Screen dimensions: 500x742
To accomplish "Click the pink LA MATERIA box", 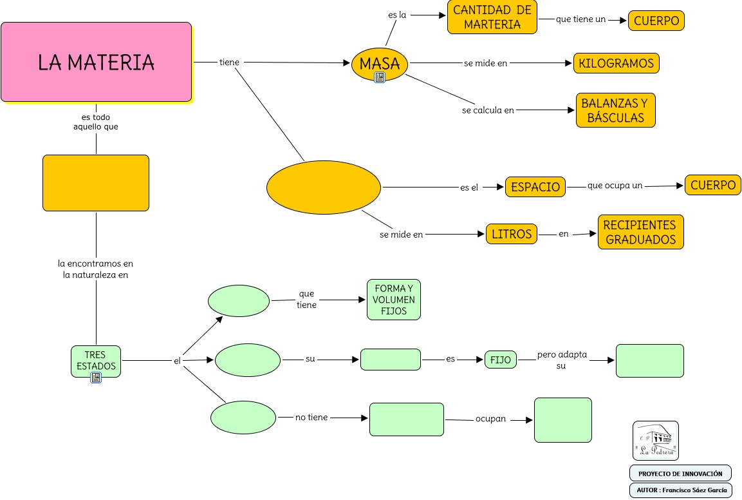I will [96, 62].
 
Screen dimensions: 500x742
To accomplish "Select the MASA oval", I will [380, 63].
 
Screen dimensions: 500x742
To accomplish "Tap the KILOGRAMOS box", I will [616, 63].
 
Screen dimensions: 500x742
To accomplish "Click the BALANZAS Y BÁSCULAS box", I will [615, 110].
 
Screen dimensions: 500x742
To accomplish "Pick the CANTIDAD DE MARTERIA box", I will [492, 17].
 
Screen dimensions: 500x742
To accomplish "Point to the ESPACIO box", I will [535, 187].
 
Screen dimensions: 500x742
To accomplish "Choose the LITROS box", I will [512, 234].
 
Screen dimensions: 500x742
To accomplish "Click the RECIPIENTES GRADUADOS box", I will [640, 232].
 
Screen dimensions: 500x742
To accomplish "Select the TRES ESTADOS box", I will [95, 360].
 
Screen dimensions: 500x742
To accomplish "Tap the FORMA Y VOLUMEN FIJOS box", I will [394, 300].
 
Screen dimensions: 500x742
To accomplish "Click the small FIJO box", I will [501, 360].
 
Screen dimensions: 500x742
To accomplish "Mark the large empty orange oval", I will [324, 187].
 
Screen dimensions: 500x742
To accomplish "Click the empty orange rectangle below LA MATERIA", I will [96, 183].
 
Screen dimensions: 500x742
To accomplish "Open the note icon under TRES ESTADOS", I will [96, 378].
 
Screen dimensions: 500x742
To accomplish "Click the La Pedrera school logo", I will [655, 441].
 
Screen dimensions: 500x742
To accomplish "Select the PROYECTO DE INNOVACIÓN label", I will [680, 474].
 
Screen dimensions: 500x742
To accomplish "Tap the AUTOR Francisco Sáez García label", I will [681, 490].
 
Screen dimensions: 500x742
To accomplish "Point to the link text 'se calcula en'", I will [488, 110].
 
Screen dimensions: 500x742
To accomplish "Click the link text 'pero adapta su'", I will [562, 360].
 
